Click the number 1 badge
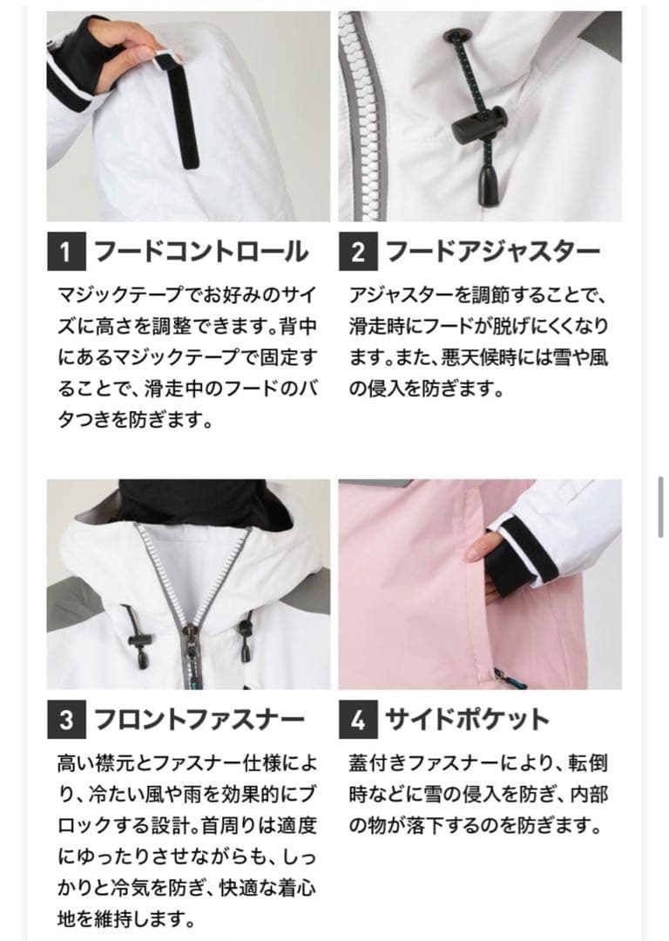pyautogui.click(x=65, y=253)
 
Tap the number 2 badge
pyautogui.click(x=357, y=253)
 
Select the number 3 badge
pyautogui.click(x=65, y=720)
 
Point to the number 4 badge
pyautogui.click(x=357, y=720)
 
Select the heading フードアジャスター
pyautogui.click(x=492, y=253)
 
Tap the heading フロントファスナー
pyautogui.click(x=199, y=720)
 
